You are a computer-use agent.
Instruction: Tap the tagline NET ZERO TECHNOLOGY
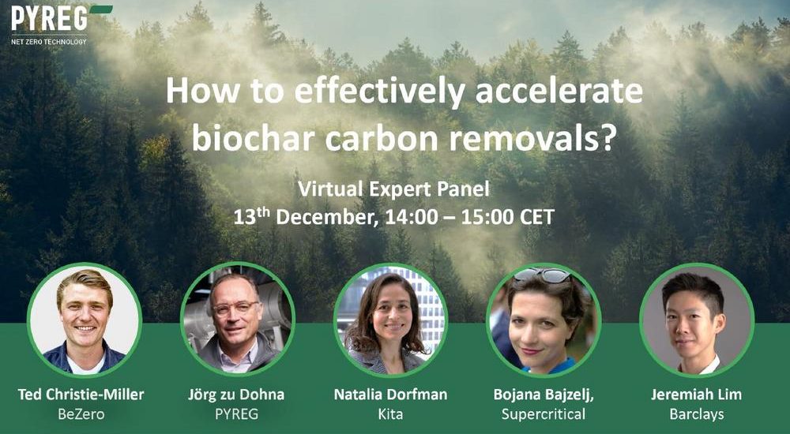coord(49,42)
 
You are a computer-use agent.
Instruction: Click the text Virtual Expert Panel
coord(393,189)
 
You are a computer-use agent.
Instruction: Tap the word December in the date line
coord(327,218)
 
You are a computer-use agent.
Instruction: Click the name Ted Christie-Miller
coord(81,395)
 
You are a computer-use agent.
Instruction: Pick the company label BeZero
coord(81,414)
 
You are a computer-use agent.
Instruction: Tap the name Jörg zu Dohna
coord(236,395)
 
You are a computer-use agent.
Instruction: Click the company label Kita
coord(390,414)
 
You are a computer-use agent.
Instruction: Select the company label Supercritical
coord(544,414)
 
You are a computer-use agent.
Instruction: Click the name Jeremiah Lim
coord(696,395)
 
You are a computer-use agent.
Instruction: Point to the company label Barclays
coord(696,414)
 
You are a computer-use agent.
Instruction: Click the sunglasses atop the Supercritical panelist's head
coord(542,275)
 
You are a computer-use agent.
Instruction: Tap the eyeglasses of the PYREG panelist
coord(235,308)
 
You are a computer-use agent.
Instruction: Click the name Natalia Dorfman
coord(390,395)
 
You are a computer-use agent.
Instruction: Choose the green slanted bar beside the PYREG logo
coord(101,9)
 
